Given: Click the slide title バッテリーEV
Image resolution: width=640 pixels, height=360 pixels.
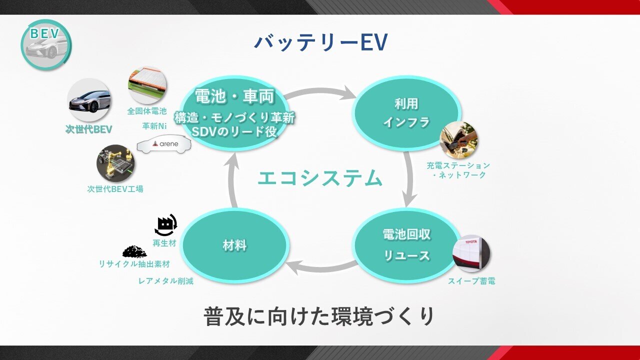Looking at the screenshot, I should click(320, 42).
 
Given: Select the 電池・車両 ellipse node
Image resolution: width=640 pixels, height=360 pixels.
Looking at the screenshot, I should click(234, 113).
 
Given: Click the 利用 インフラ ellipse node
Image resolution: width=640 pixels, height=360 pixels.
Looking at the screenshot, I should click(406, 112).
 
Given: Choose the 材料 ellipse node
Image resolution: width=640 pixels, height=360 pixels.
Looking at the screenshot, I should click(234, 245).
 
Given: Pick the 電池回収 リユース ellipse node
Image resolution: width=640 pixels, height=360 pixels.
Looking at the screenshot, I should click(406, 245).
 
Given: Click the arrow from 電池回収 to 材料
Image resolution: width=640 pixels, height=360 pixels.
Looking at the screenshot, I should click(320, 268).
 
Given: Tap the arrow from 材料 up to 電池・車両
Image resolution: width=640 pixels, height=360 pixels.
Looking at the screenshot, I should click(231, 180).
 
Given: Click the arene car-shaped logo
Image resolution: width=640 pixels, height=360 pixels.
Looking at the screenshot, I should click(164, 144).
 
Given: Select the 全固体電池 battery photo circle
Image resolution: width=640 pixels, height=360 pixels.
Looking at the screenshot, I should click(147, 85).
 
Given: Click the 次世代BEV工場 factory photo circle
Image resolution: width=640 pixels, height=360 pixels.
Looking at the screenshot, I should click(115, 164).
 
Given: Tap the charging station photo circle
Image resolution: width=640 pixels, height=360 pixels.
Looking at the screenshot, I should click(458, 140).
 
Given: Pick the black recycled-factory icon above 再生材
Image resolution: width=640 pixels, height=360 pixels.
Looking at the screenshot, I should click(166, 225).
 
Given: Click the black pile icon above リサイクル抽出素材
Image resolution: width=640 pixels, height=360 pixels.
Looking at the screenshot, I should click(134, 251).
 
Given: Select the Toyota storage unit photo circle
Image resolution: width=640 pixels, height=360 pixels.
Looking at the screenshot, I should click(471, 253).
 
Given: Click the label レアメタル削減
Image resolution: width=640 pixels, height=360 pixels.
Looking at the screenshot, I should click(165, 281).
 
